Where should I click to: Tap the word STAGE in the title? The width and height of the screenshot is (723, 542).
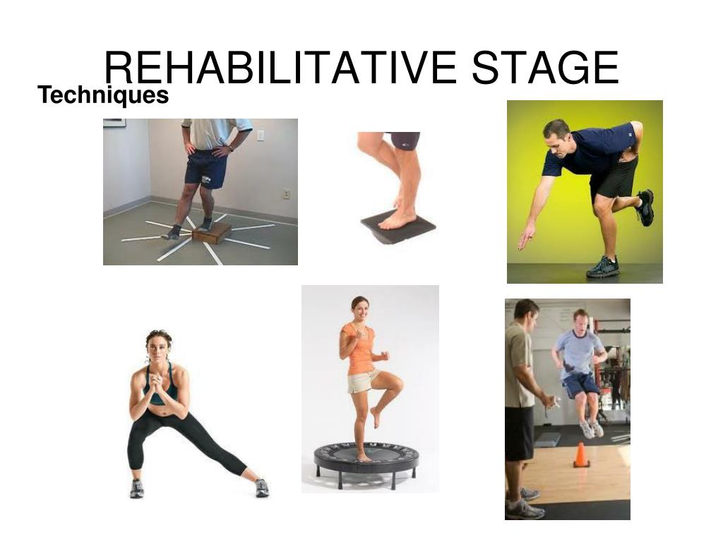tap(546, 68)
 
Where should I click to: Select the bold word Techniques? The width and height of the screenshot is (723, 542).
tap(103, 95)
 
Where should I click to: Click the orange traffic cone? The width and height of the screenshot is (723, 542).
tap(581, 455)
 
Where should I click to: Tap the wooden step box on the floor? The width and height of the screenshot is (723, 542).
tap(212, 233)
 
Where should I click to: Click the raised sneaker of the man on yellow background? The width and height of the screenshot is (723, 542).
tap(645, 207)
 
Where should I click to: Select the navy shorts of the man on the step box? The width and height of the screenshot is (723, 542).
tap(207, 168)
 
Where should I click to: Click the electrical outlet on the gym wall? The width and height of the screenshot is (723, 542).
tap(287, 194)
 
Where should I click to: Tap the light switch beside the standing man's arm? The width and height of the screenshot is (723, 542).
tap(261, 135)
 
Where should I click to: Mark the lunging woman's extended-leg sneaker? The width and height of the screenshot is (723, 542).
tap(262, 488)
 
